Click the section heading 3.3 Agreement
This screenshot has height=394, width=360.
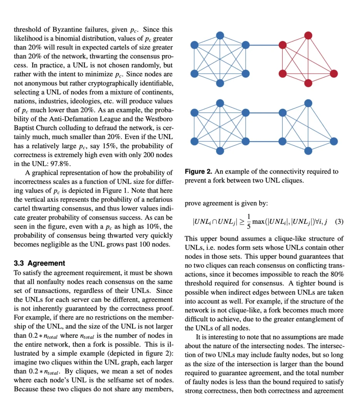tap(39, 264)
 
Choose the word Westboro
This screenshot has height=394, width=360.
tap(158, 119)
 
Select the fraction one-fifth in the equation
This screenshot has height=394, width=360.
tap(249, 222)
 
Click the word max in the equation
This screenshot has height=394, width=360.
tap(259, 222)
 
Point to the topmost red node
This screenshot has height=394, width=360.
tap(308, 35)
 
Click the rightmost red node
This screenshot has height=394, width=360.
tap(334, 73)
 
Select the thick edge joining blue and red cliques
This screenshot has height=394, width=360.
tap(264, 45)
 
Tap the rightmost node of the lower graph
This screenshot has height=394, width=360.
tap(334, 142)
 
